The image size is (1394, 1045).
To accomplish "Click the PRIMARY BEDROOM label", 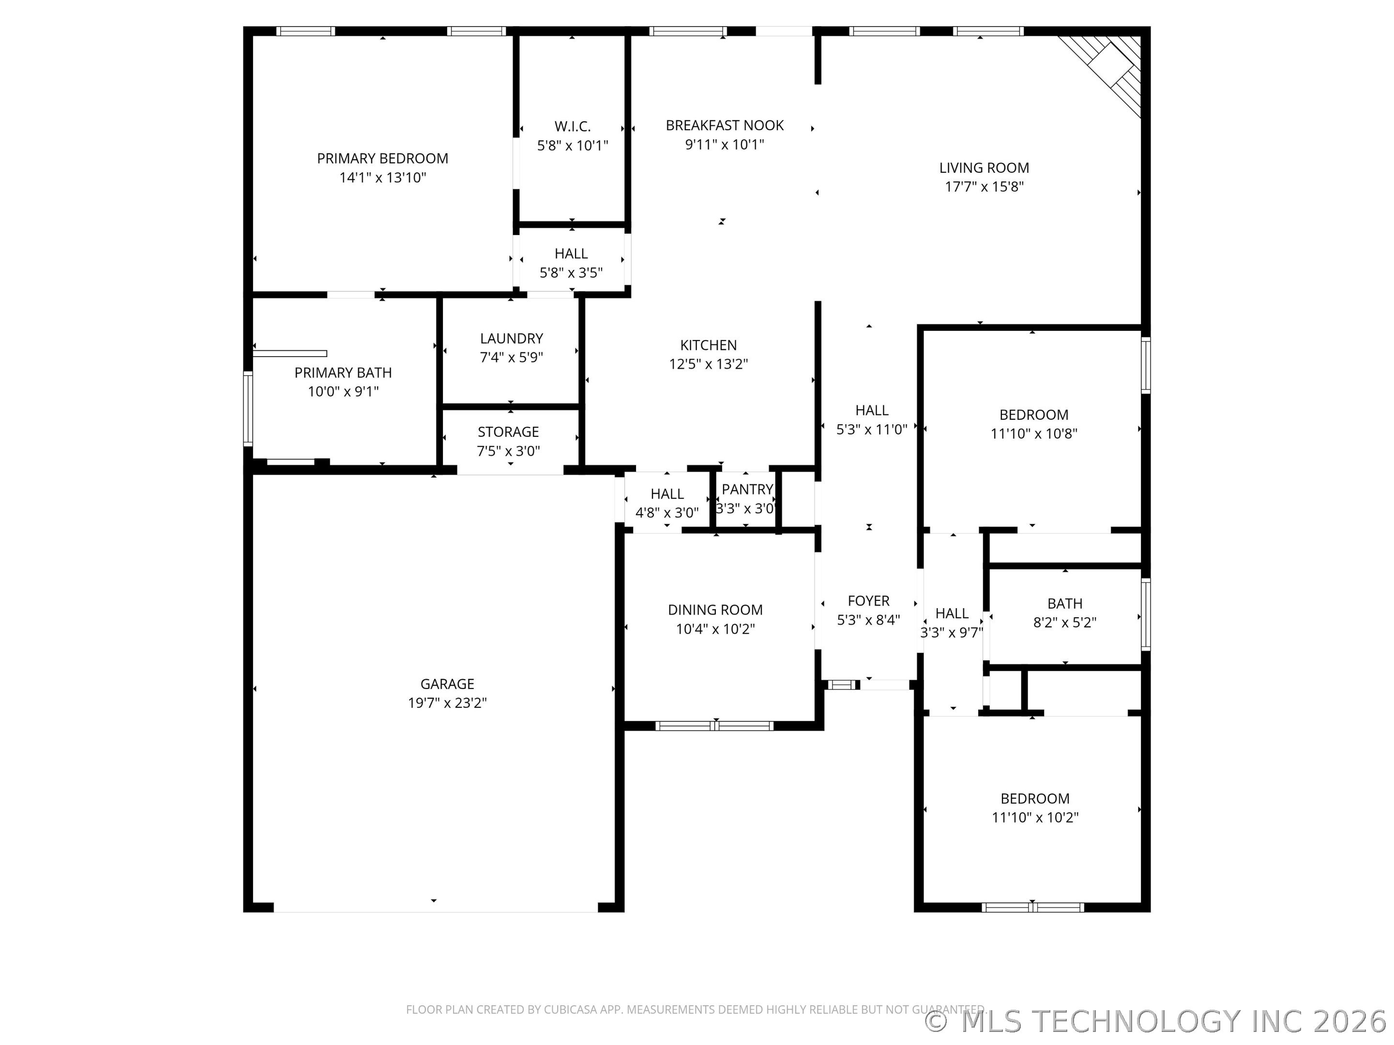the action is click(x=382, y=159).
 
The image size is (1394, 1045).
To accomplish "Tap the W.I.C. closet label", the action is click(x=572, y=127).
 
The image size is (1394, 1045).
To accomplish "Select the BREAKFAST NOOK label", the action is click(x=725, y=125).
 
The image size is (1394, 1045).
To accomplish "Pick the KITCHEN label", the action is click(x=708, y=345).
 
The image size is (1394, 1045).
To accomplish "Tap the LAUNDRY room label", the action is click(x=511, y=339).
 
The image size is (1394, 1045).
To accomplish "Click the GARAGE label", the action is click(x=447, y=684).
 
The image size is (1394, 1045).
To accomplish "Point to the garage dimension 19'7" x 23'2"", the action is click(x=447, y=703).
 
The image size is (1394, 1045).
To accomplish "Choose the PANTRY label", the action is click(x=747, y=490).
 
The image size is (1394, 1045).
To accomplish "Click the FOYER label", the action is click(x=868, y=601).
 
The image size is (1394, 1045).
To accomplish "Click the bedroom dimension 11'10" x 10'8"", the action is click(x=1034, y=434).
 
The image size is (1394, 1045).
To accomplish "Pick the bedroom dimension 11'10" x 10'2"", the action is click(x=1035, y=818).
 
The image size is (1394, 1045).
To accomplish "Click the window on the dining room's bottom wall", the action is click(x=714, y=726).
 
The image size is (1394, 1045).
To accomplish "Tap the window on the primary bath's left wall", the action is click(x=248, y=409).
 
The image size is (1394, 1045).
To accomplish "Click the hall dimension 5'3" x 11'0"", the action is click(x=872, y=430).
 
